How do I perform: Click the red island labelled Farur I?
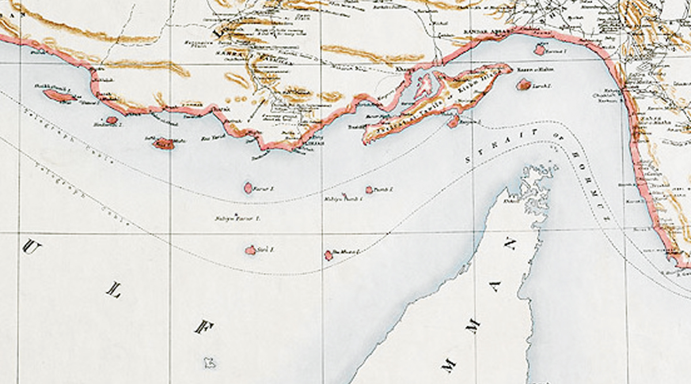coord(248,187)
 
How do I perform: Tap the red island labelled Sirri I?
coord(250,250)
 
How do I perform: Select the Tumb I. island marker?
coord(369,190)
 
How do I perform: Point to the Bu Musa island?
coord(328,255)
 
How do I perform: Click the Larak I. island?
coord(523,85)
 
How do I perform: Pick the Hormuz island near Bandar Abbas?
coord(540,50)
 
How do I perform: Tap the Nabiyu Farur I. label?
coord(238,219)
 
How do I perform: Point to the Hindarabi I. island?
coord(112,121)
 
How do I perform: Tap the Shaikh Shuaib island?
coord(59,96)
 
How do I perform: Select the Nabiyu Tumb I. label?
coord(343,199)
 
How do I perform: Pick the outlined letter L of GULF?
coord(113,292)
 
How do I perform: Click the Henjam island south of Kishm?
coord(454,122)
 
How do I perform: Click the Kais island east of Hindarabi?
coord(164,144)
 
